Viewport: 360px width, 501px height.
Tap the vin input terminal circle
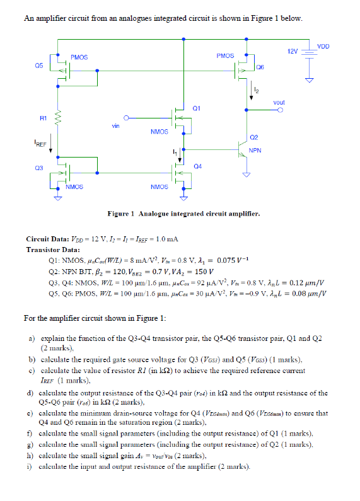pos(126,118)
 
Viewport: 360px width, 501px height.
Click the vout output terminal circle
pos(280,110)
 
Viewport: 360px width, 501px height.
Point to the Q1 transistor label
pos(196,108)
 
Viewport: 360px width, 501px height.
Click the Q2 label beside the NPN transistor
pos(254,137)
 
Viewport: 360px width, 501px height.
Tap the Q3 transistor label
pos(39,168)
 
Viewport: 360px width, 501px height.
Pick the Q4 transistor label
pos(197,166)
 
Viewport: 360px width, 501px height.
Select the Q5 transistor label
pos(39,66)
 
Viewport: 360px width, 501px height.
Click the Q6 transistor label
pos(260,67)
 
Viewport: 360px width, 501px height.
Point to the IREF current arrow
pos(50,144)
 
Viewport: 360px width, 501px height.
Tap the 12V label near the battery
pos(292,51)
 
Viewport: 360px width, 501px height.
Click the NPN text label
pos(255,150)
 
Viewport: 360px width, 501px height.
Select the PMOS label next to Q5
pos(79,57)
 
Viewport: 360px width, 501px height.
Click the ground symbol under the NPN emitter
pos(246,175)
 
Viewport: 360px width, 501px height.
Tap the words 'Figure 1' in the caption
pos(121,214)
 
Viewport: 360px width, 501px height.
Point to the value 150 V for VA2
pos(204,272)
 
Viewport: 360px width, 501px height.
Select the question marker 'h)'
pos(30,456)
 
